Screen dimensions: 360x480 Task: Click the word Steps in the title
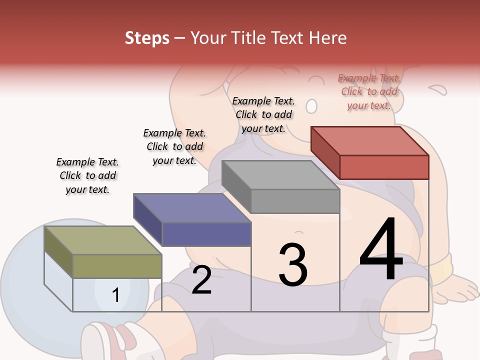point(147,38)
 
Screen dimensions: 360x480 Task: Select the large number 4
point(381,250)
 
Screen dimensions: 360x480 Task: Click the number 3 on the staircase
point(292,265)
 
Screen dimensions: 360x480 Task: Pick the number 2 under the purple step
point(201,280)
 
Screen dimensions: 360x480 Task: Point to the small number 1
point(115,295)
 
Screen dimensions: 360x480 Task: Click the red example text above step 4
point(369,92)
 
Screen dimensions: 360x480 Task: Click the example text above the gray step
point(263,115)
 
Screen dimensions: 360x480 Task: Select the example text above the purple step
point(174,147)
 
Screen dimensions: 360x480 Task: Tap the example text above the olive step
point(87,176)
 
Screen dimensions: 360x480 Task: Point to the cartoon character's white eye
point(311,106)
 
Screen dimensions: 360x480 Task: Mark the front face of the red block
point(384,167)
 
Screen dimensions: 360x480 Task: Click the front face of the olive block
point(117,266)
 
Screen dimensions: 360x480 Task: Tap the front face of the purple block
point(206,234)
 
